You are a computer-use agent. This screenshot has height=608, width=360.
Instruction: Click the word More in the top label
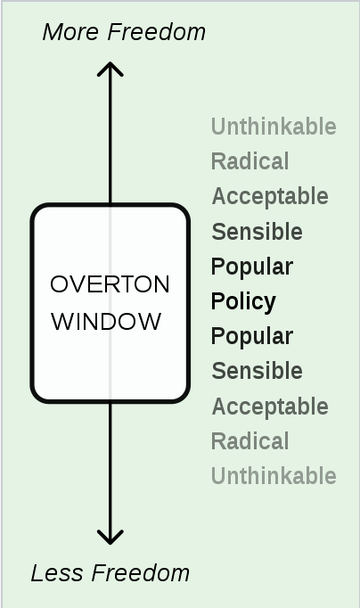coord(70,32)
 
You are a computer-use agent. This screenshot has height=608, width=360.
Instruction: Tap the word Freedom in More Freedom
coord(157,32)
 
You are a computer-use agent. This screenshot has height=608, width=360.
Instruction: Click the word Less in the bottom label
coord(56,573)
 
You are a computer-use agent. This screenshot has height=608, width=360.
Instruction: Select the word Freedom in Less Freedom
coord(141,573)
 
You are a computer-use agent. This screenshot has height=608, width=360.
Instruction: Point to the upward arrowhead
coord(110,69)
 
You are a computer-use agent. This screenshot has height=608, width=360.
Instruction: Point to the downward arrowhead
coord(110,538)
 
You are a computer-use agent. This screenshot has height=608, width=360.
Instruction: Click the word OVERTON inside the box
coord(110,284)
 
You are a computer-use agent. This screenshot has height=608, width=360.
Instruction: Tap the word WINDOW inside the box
coord(106,322)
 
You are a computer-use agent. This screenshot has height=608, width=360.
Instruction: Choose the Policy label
coord(243,301)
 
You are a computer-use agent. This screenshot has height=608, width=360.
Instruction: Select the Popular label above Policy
coord(252,267)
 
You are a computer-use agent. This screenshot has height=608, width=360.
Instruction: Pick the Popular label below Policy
coord(252,336)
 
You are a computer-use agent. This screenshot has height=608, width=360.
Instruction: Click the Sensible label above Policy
coord(257,232)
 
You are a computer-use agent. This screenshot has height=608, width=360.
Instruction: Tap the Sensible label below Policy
coord(257,371)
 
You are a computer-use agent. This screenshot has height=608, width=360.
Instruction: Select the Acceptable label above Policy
coord(270,197)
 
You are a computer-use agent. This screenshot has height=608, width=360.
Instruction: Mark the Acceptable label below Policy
coord(270,407)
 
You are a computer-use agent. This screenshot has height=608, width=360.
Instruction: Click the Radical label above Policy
coord(250,161)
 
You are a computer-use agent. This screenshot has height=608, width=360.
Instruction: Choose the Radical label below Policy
coord(250,441)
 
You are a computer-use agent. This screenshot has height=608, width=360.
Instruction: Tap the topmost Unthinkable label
coord(274,127)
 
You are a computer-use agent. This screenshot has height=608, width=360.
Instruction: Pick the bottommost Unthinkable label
coord(274,476)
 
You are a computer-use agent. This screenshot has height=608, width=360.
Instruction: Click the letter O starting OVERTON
coord(59,284)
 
